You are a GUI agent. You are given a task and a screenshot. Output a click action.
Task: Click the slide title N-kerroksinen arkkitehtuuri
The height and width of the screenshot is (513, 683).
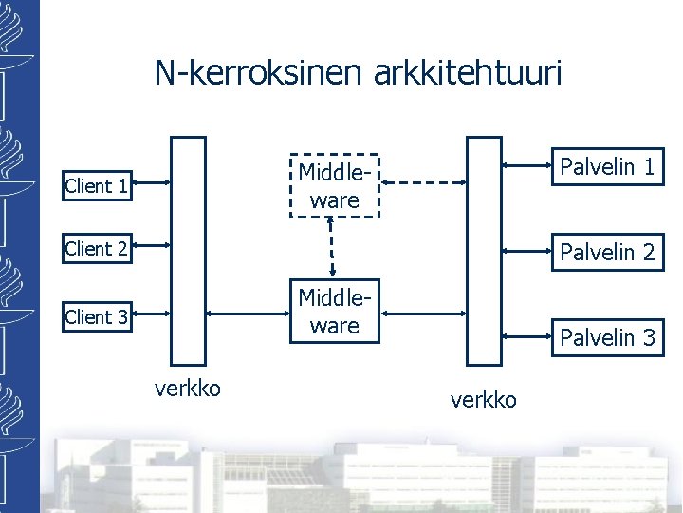(359, 73)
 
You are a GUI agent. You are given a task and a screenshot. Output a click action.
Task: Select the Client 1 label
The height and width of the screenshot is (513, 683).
(96, 186)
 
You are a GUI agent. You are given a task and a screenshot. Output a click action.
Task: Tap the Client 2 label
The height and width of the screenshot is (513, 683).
(96, 249)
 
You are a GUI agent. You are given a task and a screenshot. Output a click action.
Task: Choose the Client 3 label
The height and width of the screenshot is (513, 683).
(96, 317)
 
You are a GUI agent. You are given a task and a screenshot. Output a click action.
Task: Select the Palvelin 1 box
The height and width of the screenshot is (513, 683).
(607, 168)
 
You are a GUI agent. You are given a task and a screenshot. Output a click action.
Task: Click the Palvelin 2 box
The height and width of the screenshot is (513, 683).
(607, 252)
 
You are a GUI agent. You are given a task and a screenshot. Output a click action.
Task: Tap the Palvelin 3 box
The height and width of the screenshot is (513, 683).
(607, 337)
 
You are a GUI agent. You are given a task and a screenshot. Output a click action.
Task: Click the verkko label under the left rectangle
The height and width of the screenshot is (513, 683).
(188, 388)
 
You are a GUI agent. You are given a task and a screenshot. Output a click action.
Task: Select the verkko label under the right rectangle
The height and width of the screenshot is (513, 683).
(484, 400)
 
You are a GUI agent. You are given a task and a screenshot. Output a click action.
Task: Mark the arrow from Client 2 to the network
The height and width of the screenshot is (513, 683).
(151, 247)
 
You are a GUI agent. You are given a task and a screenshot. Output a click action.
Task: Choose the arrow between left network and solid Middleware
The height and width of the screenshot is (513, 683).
(245, 314)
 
